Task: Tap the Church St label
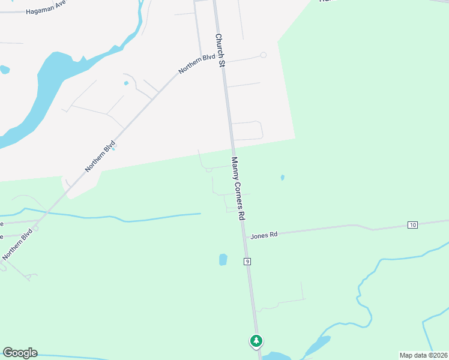(x=220, y=49)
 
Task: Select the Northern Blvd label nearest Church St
(x=197, y=64)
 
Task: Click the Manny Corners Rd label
(x=239, y=188)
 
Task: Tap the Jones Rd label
(x=265, y=235)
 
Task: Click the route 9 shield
(x=247, y=262)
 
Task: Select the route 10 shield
(x=412, y=225)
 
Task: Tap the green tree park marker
(x=256, y=341)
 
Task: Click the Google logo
(x=20, y=353)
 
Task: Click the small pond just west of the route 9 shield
(x=223, y=260)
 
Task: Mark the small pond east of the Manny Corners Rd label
(x=282, y=178)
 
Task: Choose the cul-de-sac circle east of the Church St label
(x=263, y=55)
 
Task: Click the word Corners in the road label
(x=239, y=191)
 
